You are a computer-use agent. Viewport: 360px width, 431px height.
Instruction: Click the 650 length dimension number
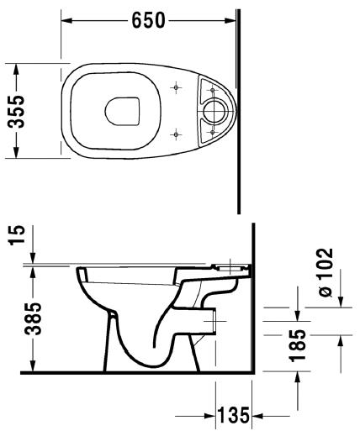[x=147, y=20]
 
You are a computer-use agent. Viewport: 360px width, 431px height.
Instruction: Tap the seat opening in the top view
[x=124, y=109]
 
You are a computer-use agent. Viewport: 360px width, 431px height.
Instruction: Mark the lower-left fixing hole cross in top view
[x=175, y=132]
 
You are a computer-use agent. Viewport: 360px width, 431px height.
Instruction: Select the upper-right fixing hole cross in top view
[x=210, y=86]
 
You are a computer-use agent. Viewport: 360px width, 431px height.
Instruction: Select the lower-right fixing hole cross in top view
[x=210, y=132]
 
